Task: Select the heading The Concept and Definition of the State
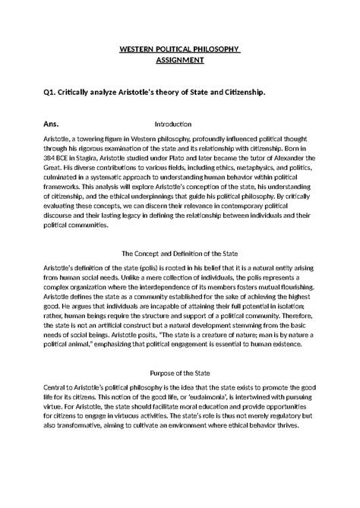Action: point(180,253)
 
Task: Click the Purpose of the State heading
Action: point(180,374)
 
